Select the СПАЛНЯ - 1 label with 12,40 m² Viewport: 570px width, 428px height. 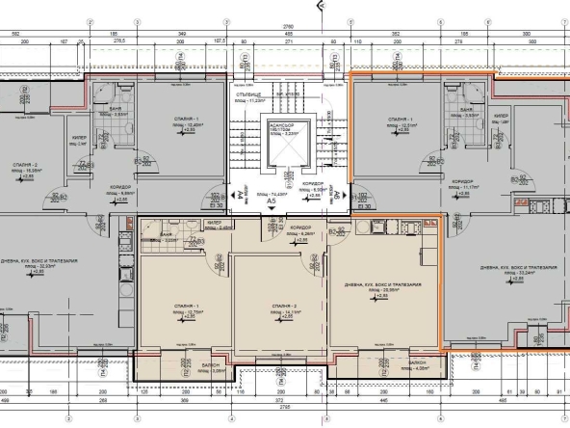click(194, 120)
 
